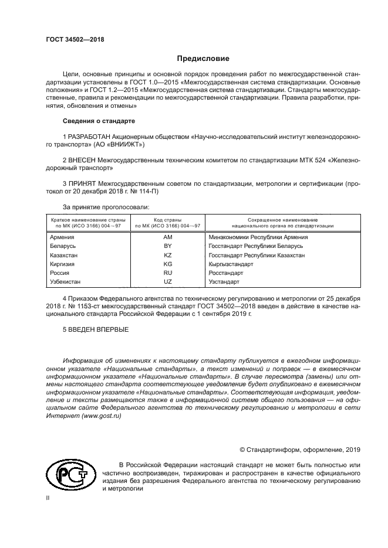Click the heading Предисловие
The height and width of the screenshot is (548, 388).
(x=204, y=59)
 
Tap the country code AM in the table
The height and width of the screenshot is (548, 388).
(x=167, y=237)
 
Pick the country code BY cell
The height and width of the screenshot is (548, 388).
(x=167, y=247)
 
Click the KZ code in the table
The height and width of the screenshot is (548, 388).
(x=167, y=256)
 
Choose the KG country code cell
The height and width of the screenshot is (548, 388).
(x=167, y=264)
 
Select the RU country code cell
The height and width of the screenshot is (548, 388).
(x=167, y=273)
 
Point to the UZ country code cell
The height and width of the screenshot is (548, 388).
(x=167, y=282)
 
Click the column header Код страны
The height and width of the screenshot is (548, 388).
(x=167, y=219)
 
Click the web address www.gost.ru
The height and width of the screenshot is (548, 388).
(x=104, y=415)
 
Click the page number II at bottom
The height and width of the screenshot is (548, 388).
(x=48, y=498)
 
